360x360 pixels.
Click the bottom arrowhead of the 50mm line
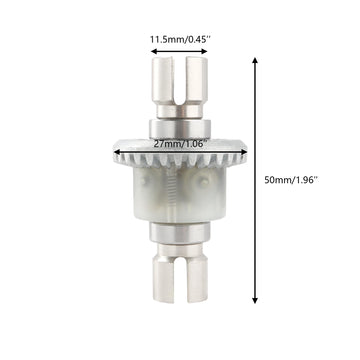click(257, 301)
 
